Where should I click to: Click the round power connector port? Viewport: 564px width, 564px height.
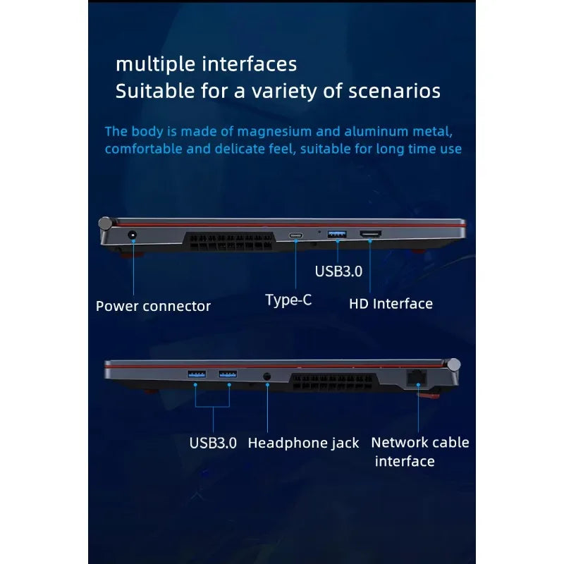[133, 235]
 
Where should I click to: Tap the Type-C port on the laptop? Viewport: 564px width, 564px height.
[295, 236]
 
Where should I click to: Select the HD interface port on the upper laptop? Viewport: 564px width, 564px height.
[371, 234]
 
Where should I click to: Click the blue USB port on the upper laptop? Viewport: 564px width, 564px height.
[337, 234]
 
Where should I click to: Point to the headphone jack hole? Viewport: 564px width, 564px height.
[267, 376]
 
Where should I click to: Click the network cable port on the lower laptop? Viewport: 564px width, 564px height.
[417, 377]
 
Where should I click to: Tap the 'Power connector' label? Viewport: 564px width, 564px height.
[153, 306]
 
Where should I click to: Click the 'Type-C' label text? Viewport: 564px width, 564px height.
[288, 300]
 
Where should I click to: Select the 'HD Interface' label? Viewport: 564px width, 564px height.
[391, 304]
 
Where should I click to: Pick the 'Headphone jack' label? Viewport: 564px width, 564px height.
[303, 443]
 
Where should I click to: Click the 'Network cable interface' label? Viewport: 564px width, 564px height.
[419, 452]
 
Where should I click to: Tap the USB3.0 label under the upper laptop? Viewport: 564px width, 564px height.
[338, 271]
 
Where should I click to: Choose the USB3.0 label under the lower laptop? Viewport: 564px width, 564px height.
[213, 443]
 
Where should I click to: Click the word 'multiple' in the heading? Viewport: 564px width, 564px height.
[156, 65]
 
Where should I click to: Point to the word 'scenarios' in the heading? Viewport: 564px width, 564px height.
[395, 91]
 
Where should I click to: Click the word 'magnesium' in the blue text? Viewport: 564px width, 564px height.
[274, 132]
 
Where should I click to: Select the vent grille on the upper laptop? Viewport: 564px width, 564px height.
[228, 242]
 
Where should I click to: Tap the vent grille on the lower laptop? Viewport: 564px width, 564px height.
[333, 382]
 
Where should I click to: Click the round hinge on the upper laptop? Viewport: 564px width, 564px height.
[105, 223]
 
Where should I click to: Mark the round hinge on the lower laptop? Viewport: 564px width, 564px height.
[454, 364]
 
